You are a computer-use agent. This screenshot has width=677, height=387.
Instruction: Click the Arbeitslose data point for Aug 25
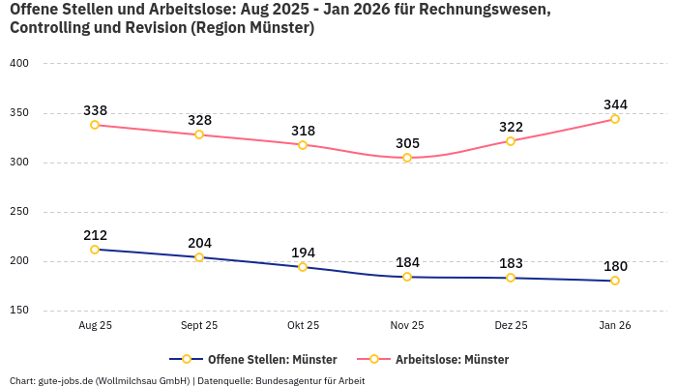(95, 125)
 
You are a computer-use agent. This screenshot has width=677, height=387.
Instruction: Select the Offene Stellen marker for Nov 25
(407, 277)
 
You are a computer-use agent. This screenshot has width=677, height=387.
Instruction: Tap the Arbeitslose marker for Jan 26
(614, 119)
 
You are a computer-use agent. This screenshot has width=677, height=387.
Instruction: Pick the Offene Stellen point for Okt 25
(303, 267)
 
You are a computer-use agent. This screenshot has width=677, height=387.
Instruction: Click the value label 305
(407, 143)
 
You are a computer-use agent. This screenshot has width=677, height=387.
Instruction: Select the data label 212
(95, 235)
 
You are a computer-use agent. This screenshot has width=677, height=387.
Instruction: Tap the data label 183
(511, 263)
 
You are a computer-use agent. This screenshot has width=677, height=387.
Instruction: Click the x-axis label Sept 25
(199, 326)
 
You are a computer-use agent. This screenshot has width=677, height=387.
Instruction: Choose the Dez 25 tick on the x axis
(511, 326)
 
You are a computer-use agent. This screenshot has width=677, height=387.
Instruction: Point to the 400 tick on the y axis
(19, 64)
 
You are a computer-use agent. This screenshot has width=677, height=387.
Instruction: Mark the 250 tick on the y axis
(19, 212)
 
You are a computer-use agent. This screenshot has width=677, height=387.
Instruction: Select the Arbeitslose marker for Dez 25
(511, 141)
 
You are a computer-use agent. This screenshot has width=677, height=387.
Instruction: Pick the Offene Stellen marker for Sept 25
(199, 257)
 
